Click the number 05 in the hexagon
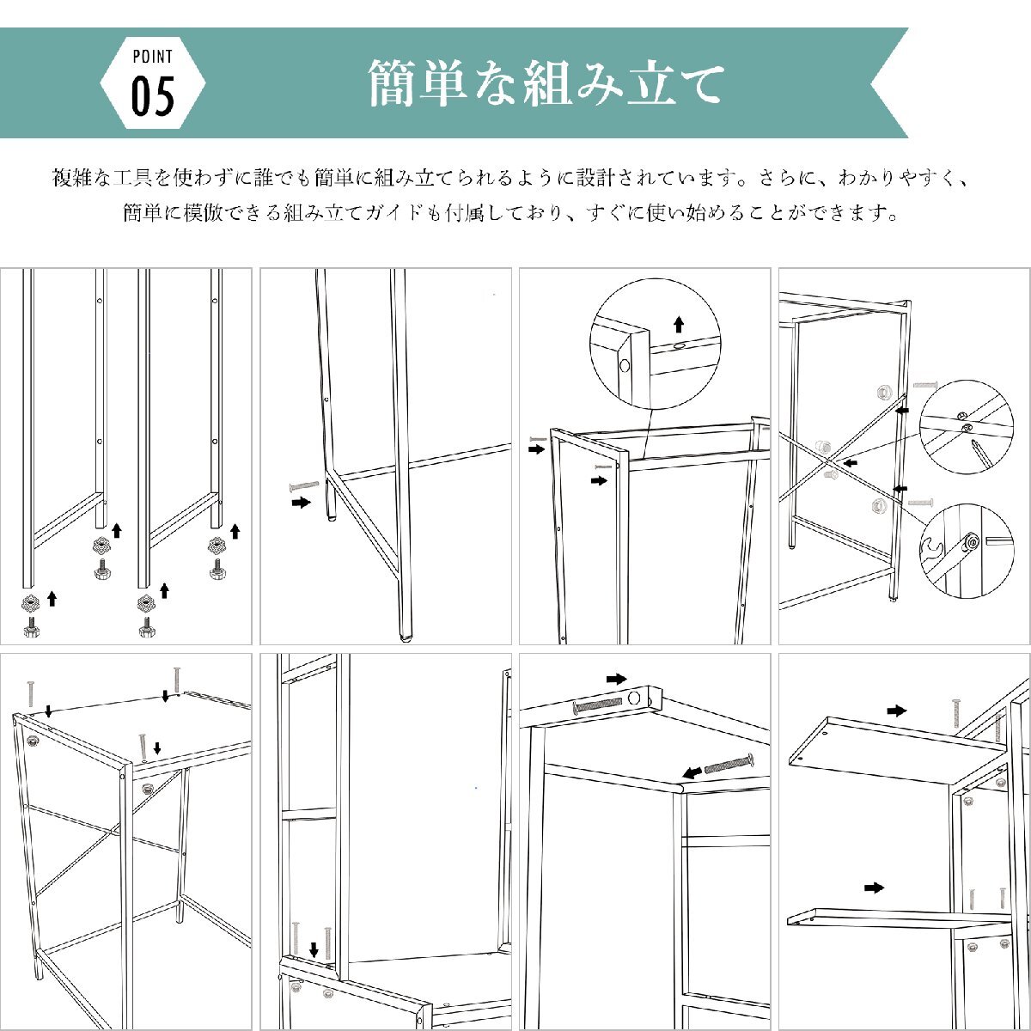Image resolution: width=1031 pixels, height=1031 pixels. pos(152,96)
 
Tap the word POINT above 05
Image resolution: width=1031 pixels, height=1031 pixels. pos(152,56)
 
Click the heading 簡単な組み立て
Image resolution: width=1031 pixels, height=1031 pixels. pos(546,83)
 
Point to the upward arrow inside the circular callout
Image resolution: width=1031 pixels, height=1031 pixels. pos(679,324)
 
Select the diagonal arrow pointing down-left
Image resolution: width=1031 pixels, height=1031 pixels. pos(692,772)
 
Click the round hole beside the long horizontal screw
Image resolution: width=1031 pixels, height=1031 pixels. pos(635,698)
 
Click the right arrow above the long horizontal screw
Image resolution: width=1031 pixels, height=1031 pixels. pos(616,679)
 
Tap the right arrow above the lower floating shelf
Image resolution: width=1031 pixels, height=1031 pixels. pos(875,888)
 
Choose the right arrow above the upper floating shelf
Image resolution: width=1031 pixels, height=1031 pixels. pos(897,711)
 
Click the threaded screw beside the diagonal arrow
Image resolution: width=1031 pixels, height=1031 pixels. pos(729,762)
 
